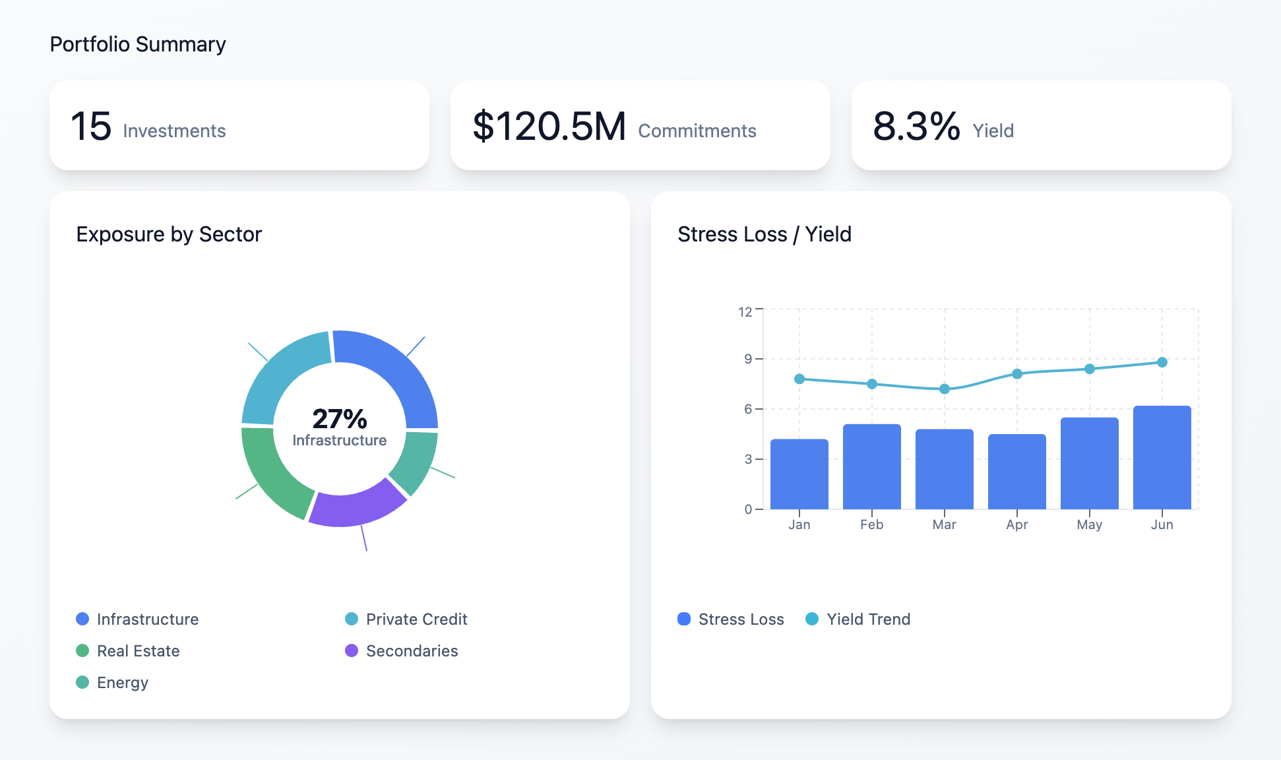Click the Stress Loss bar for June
(x=1162, y=458)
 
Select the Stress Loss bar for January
(x=799, y=474)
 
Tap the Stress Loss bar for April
(x=1016, y=472)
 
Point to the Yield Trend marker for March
(x=944, y=389)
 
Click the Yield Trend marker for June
(x=1162, y=362)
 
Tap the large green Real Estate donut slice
(x=271, y=472)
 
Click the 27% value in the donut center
(x=339, y=418)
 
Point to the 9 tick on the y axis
(x=747, y=359)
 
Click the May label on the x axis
(x=1089, y=524)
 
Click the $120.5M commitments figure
(x=549, y=126)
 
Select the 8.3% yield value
(x=916, y=126)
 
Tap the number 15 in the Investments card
(x=91, y=126)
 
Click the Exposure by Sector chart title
(x=169, y=234)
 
